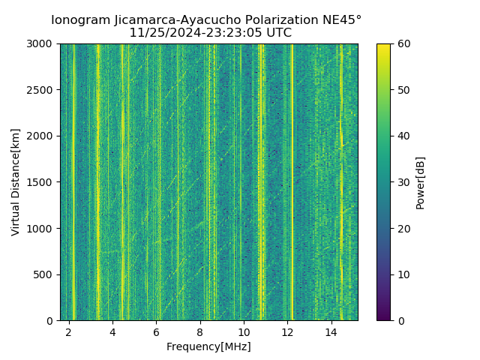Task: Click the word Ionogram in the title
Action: coord(79,19)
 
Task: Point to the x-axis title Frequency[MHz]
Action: coord(208,346)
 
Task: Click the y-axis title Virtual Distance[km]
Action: coord(16,181)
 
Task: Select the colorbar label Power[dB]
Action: coord(421,181)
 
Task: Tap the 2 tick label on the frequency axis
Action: coord(69,331)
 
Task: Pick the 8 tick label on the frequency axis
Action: coord(200,331)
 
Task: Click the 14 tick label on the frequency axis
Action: coord(331,331)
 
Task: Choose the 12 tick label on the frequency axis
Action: coord(287,331)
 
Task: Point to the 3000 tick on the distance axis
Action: coord(42,44)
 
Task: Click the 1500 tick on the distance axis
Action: coord(42,182)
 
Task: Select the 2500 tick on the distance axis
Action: coord(42,90)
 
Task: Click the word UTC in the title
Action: coord(278,33)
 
